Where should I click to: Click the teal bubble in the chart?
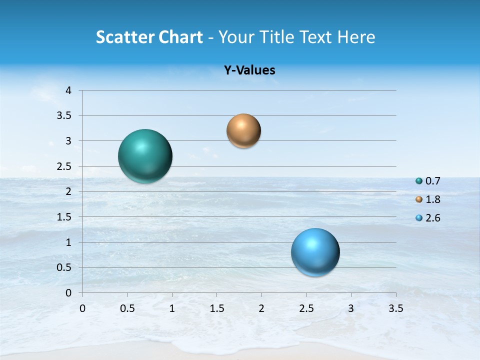[x=145, y=156]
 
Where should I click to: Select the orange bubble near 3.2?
[x=243, y=131]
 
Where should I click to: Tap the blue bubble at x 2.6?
[x=315, y=252]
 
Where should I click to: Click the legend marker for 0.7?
[x=419, y=181]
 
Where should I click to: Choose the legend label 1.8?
[x=432, y=199]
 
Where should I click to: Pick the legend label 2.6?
[x=432, y=218]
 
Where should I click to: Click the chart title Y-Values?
[x=249, y=70]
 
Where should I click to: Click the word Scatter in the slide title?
[x=124, y=37]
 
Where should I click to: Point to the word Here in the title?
[x=356, y=37]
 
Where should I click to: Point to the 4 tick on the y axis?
[x=69, y=90]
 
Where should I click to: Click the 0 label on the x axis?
[x=82, y=308]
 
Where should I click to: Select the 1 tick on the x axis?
[x=172, y=308]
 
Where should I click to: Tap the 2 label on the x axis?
[x=261, y=308]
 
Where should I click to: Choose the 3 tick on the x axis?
[x=351, y=308]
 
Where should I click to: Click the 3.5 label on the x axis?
[x=395, y=308]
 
